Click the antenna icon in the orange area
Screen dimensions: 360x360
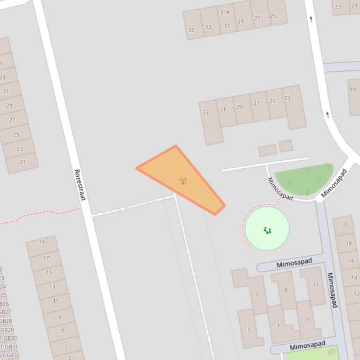pos(184,180)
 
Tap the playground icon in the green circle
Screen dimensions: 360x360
pos(267,230)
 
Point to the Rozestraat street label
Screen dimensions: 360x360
pos(80,185)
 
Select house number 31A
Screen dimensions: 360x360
pos(225,12)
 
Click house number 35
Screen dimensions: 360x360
pos(191,30)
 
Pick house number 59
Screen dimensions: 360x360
pos(353,90)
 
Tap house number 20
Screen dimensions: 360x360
pos(345,224)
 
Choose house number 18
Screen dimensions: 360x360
pos(348,243)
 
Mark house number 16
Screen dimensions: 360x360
pos(352,261)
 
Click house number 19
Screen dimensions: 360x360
pos(42,242)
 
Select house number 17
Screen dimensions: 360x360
pos(46,258)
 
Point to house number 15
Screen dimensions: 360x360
pos(49,272)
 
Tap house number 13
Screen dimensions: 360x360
pos(52,287)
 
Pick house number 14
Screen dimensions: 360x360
pos(354,278)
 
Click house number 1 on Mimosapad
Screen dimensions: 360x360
pos(307,320)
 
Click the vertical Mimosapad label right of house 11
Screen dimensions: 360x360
pos(332,290)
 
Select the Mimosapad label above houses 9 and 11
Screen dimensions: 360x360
pos(294,264)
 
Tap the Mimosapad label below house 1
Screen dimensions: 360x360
pos(307,346)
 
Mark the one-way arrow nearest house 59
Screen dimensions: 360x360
pos(328,115)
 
